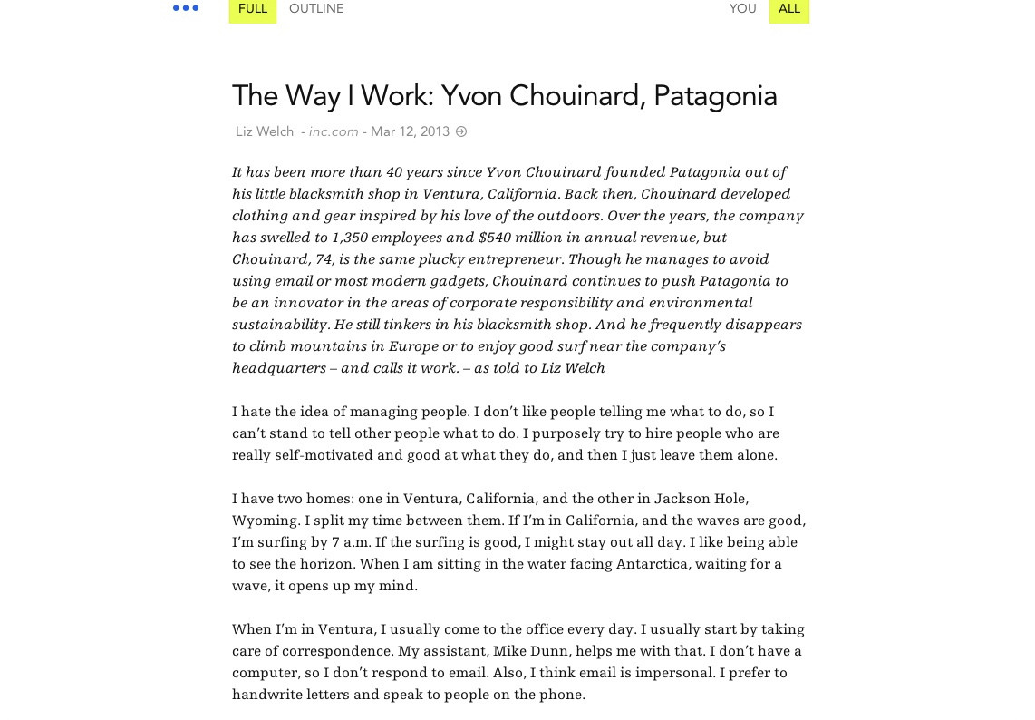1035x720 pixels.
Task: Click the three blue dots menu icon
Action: pos(186,8)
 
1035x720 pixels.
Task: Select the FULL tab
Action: pos(253,9)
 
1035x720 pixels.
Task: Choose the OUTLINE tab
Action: pos(316,9)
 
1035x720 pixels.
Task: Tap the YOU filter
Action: pos(742,9)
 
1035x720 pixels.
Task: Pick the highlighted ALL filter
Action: pos(789,9)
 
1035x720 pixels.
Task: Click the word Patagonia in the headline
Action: pos(715,96)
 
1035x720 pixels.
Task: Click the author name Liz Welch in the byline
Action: pos(265,131)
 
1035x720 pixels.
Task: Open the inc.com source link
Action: pos(334,131)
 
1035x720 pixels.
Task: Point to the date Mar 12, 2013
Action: pos(410,131)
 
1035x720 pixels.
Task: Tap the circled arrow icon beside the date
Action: pos(461,131)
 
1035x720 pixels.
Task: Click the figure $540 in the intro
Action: pos(495,237)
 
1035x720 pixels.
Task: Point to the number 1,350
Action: pos(350,237)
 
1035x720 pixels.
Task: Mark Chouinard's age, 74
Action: pos(324,258)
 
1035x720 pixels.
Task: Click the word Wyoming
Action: pos(265,520)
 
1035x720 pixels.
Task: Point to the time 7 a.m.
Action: pos(349,541)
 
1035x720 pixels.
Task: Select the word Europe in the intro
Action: pos(413,345)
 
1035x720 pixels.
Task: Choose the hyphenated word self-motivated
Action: pos(324,454)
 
